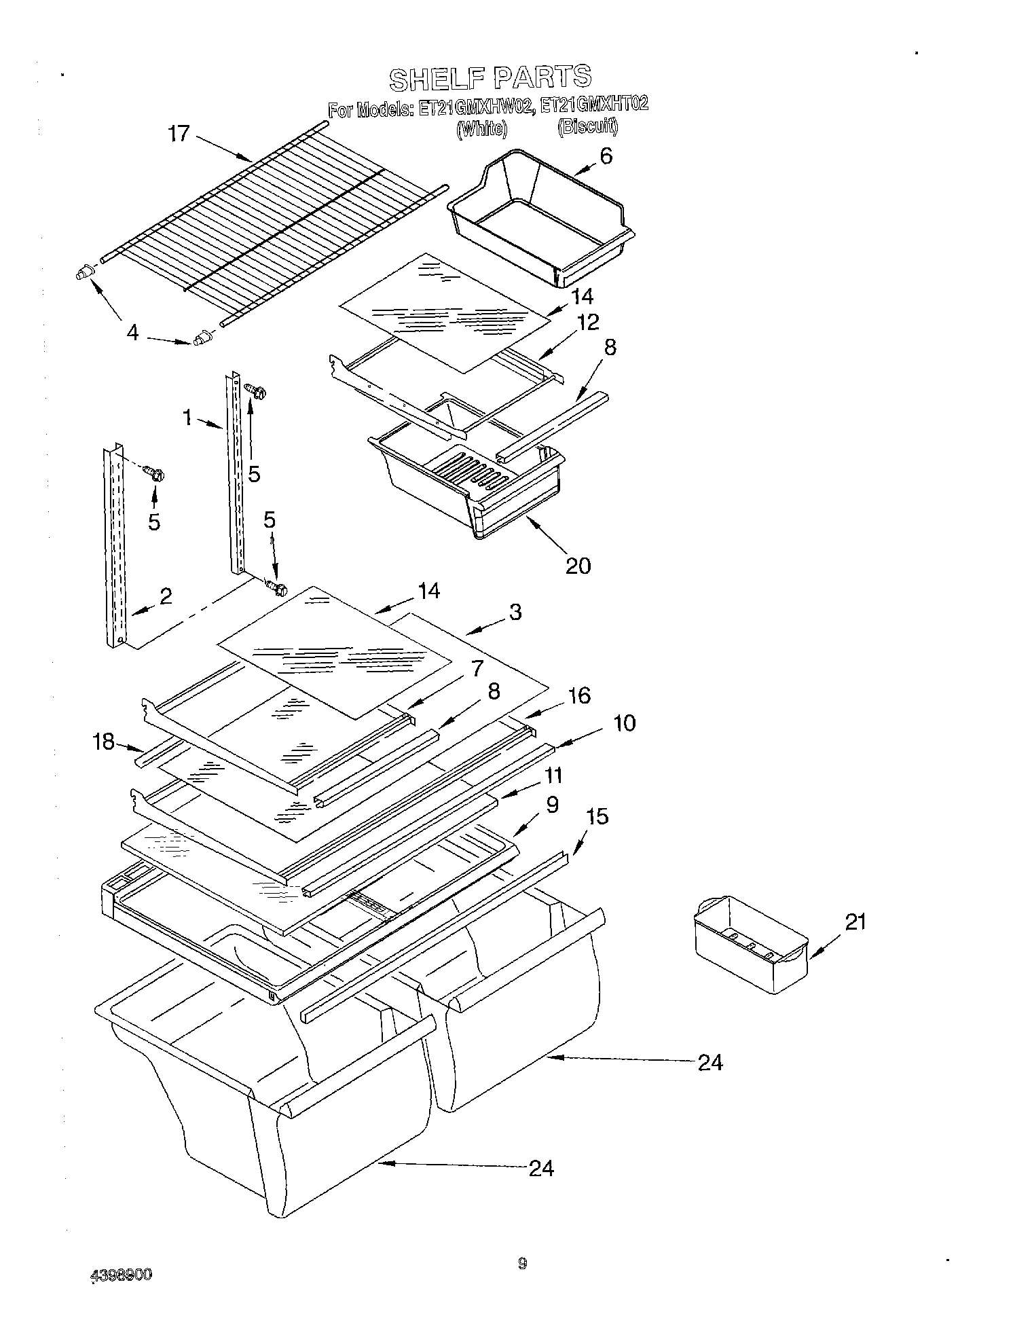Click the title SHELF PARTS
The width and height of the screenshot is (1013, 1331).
tap(490, 77)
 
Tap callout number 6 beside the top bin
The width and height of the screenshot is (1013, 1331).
tap(606, 156)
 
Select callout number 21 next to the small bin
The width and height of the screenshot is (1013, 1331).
tap(855, 922)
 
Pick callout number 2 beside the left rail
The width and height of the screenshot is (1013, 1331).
tap(165, 596)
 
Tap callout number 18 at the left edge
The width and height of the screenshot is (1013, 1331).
tap(104, 742)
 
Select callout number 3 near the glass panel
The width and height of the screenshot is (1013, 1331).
tap(515, 612)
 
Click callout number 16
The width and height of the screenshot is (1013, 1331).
tap(579, 695)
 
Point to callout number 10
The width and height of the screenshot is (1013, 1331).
tap(623, 723)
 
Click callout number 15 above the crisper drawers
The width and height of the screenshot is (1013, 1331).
tap(597, 816)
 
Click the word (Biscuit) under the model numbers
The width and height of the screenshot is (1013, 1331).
tap(587, 127)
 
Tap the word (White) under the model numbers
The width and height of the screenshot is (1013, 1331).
tap(481, 128)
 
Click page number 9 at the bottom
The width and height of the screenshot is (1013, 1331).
tap(521, 1263)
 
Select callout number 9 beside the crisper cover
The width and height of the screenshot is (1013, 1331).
tap(551, 805)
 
